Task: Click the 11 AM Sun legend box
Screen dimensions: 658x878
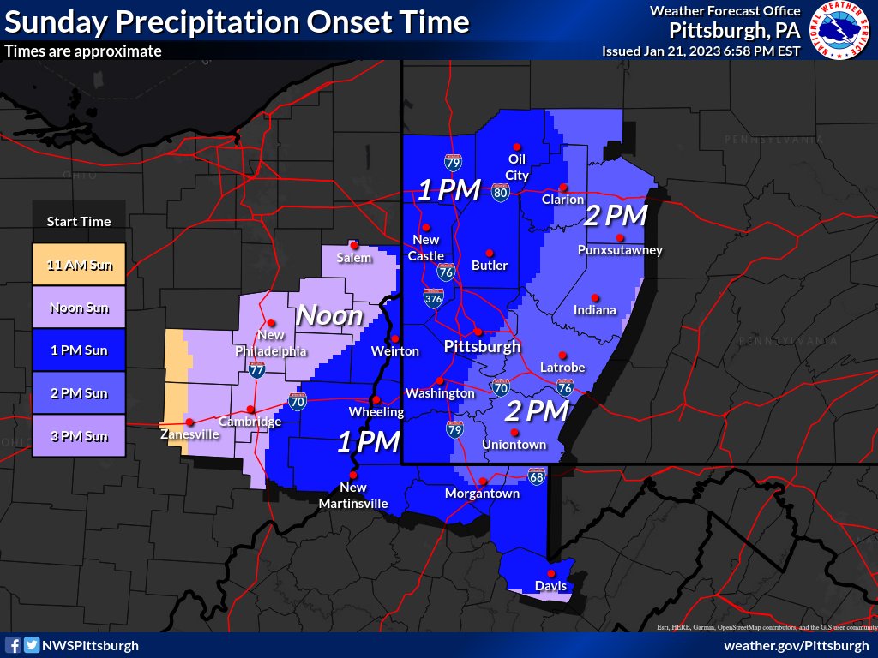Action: [x=79, y=265]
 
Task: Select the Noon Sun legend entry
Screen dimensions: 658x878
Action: [x=79, y=308]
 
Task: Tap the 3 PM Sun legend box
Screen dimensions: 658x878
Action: [x=79, y=436]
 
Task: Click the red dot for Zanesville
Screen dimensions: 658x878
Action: [x=189, y=422]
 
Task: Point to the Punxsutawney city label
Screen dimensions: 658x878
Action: [x=620, y=250]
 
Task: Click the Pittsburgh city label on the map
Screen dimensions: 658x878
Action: [x=482, y=347]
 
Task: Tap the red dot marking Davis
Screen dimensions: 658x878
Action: [x=550, y=573]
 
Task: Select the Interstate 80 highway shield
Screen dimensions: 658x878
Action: [x=500, y=193]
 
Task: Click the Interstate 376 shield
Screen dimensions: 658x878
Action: [x=433, y=298]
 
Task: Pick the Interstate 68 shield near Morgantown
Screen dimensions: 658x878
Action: [x=537, y=475]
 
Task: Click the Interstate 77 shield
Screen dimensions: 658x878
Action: [x=256, y=370]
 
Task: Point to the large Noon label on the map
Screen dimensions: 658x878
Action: [x=329, y=315]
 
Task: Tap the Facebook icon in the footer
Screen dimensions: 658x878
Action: [x=14, y=645]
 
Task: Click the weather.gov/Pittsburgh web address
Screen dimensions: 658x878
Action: [x=797, y=645]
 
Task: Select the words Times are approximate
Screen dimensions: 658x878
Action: [x=82, y=51]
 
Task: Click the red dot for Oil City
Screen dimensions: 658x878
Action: [x=516, y=146]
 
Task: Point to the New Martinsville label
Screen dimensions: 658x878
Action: [x=353, y=497]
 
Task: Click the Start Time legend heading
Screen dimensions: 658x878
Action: [x=79, y=221]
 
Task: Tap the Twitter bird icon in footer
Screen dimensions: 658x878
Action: [x=32, y=645]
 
